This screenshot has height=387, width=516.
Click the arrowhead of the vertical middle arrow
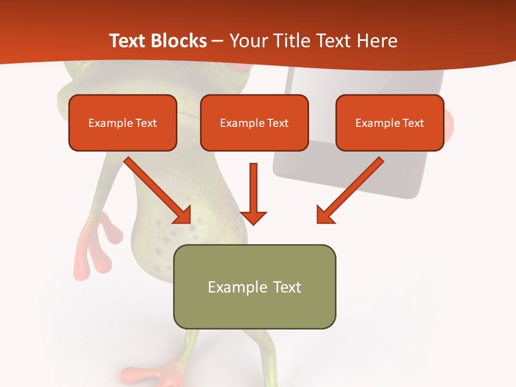point(253,217)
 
